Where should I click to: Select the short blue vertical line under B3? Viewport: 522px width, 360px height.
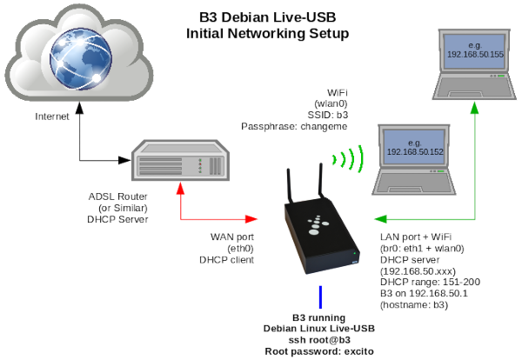(321, 297)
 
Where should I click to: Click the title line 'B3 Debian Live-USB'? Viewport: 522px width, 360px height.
(267, 17)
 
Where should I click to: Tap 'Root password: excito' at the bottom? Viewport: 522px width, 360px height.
(320, 350)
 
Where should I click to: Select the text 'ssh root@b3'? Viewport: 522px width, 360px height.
(320, 339)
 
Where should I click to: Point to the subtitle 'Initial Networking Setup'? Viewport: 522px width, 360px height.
(267, 34)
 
